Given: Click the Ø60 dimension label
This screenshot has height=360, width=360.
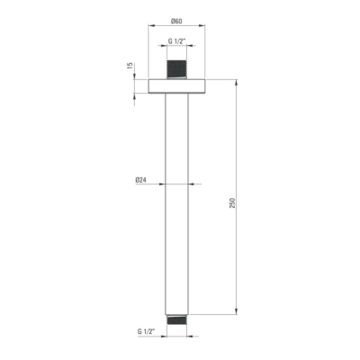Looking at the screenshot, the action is point(176,21).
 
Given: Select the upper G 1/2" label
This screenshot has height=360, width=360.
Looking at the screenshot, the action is point(176,41).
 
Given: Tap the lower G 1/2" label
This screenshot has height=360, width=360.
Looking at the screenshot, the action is point(146,331).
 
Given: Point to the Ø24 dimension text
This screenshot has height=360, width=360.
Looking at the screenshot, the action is point(140,180).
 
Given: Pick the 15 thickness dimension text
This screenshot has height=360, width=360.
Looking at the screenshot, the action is point(130,66).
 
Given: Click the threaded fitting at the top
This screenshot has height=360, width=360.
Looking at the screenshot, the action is point(176,70).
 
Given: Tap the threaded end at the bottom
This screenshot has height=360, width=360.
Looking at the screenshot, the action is point(176,319).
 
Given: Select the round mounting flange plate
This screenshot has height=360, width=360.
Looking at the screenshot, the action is point(176,86).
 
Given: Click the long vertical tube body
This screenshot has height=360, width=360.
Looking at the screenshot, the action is point(176,204).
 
